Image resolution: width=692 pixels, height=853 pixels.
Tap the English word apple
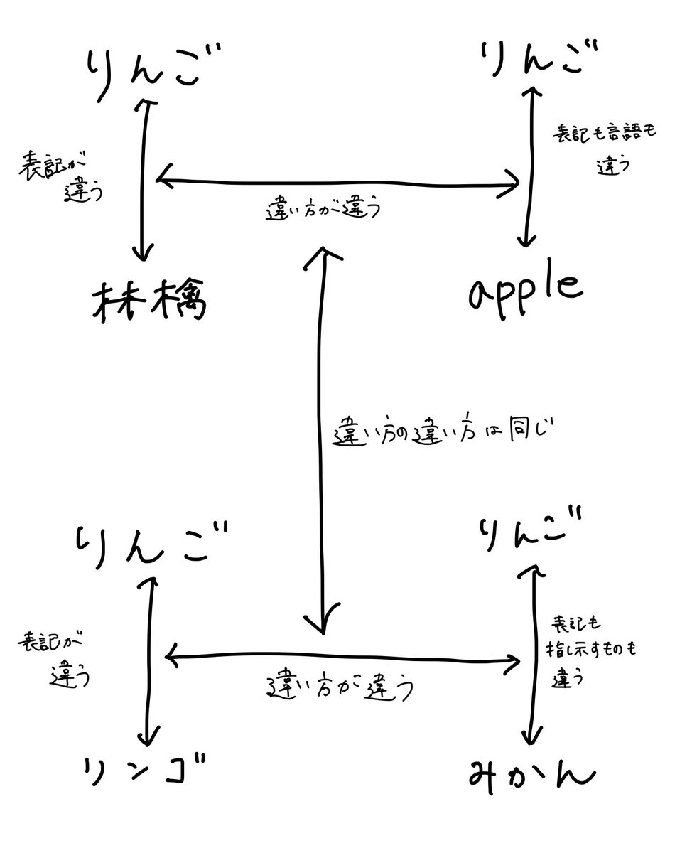point(525,289)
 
